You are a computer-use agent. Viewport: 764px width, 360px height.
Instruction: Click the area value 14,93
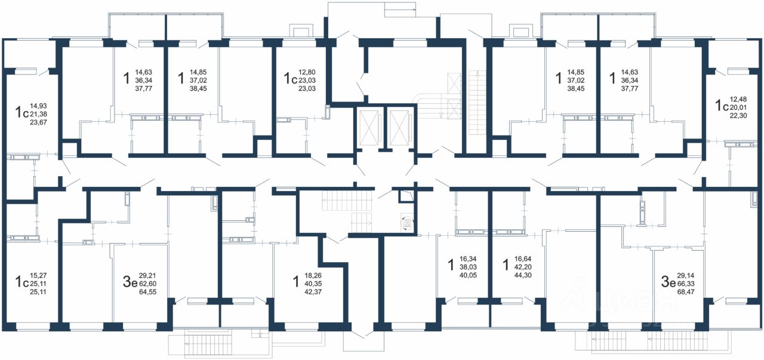(x=39, y=106)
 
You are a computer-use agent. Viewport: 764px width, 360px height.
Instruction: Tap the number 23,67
(x=39, y=122)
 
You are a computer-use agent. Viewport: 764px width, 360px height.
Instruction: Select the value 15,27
(x=38, y=276)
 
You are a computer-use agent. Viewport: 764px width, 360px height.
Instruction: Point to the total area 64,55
(x=148, y=292)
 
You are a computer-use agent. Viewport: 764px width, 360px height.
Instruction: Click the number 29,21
(x=147, y=276)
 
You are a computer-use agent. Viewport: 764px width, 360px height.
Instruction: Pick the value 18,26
(x=313, y=276)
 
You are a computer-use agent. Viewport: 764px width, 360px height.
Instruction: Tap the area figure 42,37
(x=313, y=292)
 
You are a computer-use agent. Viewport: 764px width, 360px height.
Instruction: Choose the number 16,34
(x=468, y=259)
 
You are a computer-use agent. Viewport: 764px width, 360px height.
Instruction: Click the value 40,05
(x=469, y=276)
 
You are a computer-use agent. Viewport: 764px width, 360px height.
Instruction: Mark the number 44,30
(x=523, y=276)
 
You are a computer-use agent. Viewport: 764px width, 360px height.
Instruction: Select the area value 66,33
(x=686, y=284)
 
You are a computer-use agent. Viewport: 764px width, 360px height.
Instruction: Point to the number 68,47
(x=686, y=292)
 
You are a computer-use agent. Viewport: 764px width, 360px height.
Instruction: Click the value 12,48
(x=738, y=100)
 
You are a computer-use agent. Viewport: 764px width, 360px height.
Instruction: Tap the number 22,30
(x=738, y=116)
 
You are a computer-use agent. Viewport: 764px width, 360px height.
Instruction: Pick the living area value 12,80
(x=307, y=72)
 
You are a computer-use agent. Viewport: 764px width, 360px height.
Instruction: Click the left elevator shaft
(x=369, y=128)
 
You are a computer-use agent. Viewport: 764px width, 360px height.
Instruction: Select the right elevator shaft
(x=399, y=128)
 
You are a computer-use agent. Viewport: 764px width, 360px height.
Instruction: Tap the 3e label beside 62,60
(x=130, y=282)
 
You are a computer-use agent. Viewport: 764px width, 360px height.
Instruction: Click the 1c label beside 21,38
(x=21, y=112)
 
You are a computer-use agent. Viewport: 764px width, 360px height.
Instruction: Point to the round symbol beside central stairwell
(x=407, y=224)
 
